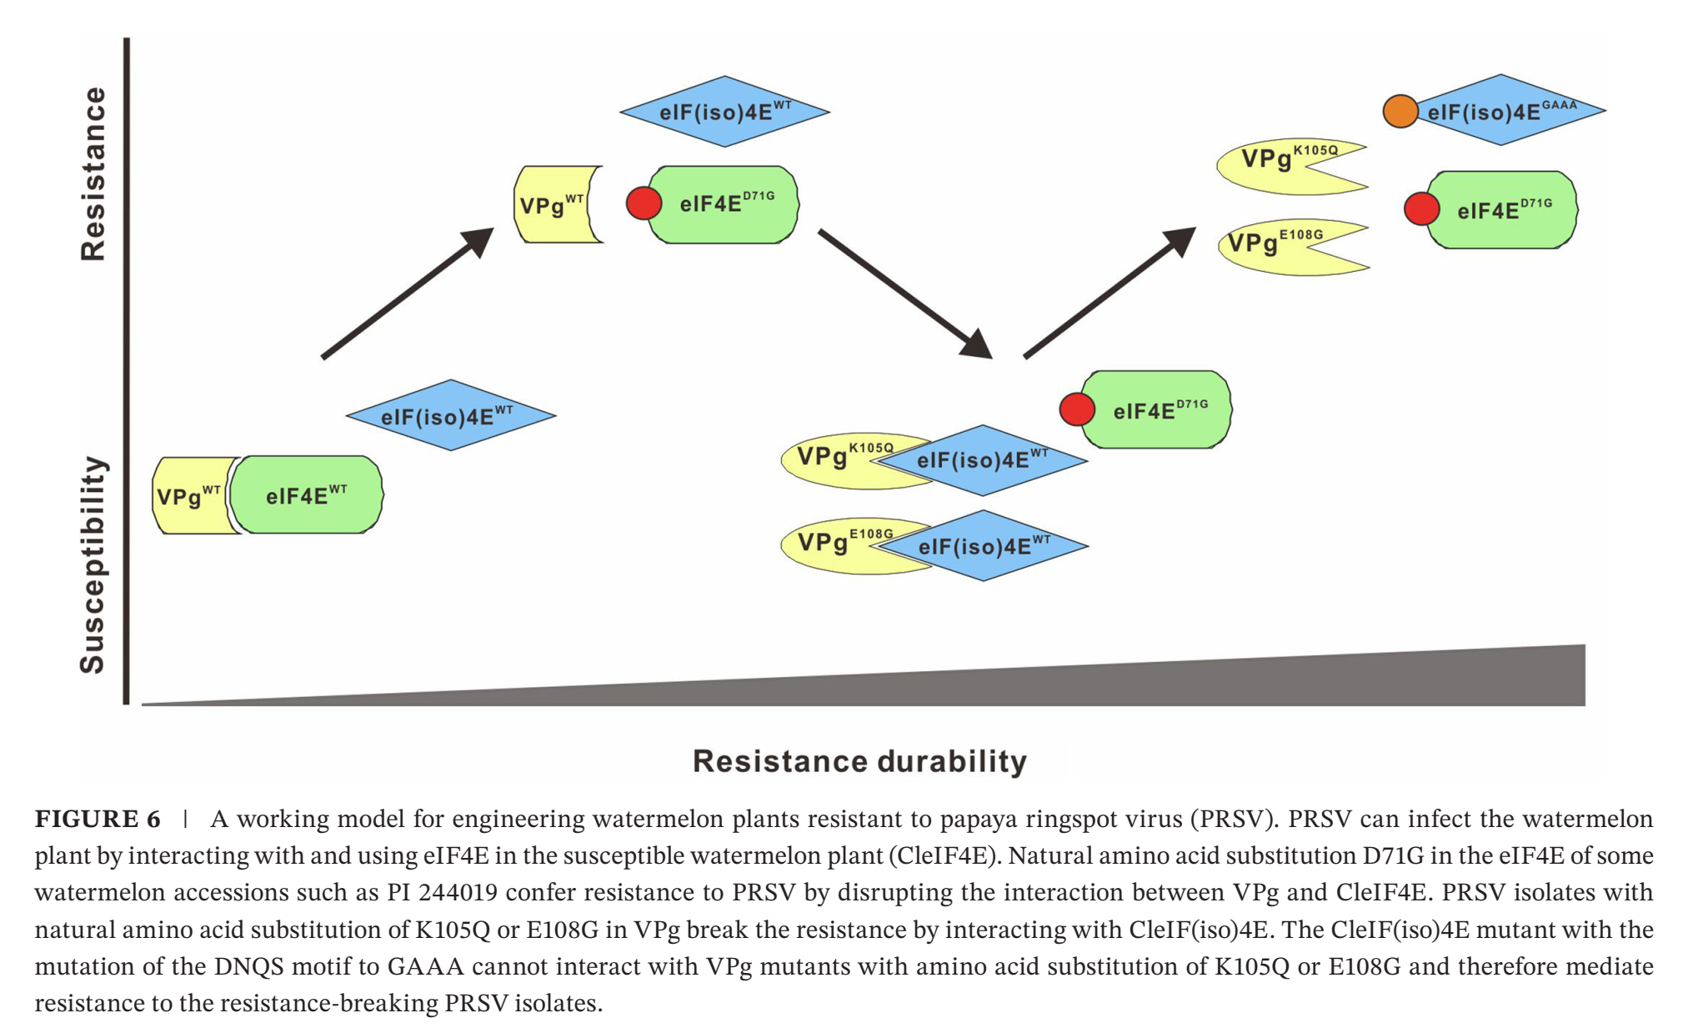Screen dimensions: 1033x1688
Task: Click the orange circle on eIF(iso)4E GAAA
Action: pyautogui.click(x=1400, y=111)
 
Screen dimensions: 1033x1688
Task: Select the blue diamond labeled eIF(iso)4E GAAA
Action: pyautogui.click(x=1509, y=110)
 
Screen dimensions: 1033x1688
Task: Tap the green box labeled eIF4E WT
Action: pyautogui.click(x=306, y=494)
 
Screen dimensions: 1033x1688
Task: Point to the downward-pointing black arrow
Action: pyautogui.click(x=905, y=293)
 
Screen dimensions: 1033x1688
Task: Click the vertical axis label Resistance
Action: pyautogui.click(x=93, y=173)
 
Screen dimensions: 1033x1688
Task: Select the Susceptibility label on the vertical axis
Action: pyautogui.click(x=93, y=564)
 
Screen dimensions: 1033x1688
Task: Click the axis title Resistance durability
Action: pyautogui.click(x=859, y=760)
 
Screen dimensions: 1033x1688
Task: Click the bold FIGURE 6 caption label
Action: pyautogui.click(x=98, y=819)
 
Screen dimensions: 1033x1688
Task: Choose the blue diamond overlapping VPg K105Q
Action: pyautogui.click(x=984, y=460)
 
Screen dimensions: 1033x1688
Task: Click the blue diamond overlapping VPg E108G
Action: pyautogui.click(x=984, y=546)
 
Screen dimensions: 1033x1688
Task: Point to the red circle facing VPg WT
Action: pyautogui.click(x=644, y=203)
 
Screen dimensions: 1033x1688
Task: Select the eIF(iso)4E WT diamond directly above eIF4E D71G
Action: pyautogui.click(x=724, y=112)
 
